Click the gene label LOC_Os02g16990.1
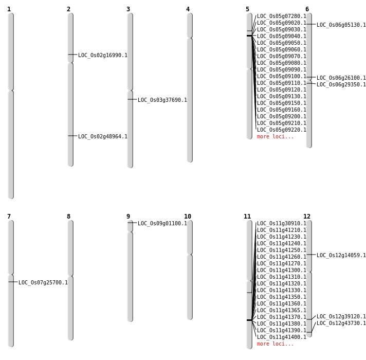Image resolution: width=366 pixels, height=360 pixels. coord(102,56)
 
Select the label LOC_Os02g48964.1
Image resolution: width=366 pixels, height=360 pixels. coord(102,137)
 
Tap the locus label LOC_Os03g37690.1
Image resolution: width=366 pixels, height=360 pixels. coord(162,100)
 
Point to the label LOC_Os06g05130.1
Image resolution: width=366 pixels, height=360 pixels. coord(341,25)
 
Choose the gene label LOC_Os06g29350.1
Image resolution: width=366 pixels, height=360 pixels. coord(341,85)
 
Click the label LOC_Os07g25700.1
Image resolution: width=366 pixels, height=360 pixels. coord(43,283)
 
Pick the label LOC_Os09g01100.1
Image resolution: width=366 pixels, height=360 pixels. coord(162,224)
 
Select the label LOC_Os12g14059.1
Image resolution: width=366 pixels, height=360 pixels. coord(341,256)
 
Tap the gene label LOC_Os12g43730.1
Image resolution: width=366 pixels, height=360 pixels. coord(341,323)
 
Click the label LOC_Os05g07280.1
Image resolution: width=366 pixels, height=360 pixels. coord(281,16)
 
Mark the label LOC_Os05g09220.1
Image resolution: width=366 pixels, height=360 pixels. coord(281,130)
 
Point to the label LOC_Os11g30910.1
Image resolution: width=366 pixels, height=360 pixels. coord(281,224)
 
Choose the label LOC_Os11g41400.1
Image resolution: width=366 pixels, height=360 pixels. coord(281,337)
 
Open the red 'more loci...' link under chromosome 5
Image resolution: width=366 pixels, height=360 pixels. coord(275,137)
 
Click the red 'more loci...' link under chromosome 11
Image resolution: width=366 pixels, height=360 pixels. coord(275,344)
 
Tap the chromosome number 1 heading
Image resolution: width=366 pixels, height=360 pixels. coord(9,9)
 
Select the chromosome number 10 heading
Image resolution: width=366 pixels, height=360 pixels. coord(188,217)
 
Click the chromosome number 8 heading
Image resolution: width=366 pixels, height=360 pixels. coord(68,217)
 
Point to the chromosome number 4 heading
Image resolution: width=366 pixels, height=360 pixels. coord(188,9)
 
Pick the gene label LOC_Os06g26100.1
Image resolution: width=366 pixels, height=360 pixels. coord(341,78)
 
